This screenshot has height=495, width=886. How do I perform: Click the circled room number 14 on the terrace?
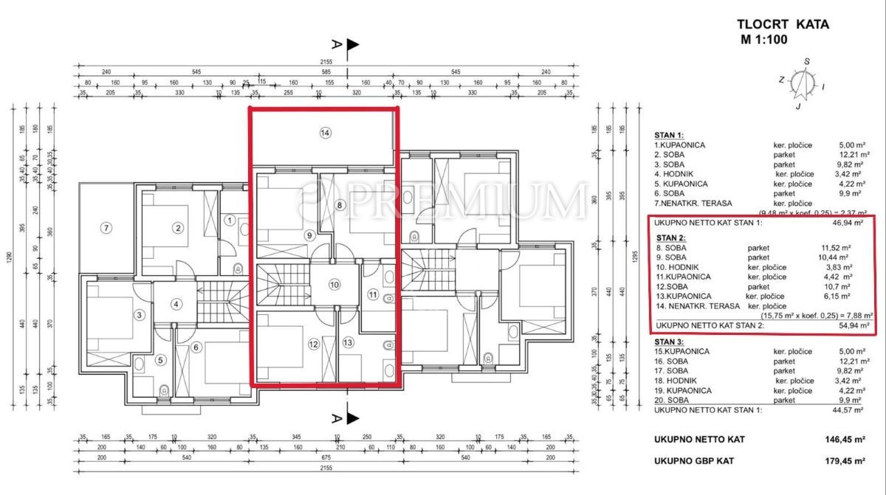point(324,134)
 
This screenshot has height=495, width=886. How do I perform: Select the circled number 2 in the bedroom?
point(178,227)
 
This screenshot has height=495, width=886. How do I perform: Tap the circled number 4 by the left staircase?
point(176,303)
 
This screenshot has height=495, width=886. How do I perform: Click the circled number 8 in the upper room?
point(340,205)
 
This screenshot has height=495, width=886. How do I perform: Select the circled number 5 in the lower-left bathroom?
point(161,360)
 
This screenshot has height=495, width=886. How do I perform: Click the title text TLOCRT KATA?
point(783,24)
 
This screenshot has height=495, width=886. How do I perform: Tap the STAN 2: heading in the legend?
point(670,238)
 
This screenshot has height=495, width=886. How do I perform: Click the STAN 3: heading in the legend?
point(670,342)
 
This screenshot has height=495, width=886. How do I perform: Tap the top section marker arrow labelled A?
point(352,45)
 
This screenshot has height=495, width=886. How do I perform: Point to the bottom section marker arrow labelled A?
point(352,418)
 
